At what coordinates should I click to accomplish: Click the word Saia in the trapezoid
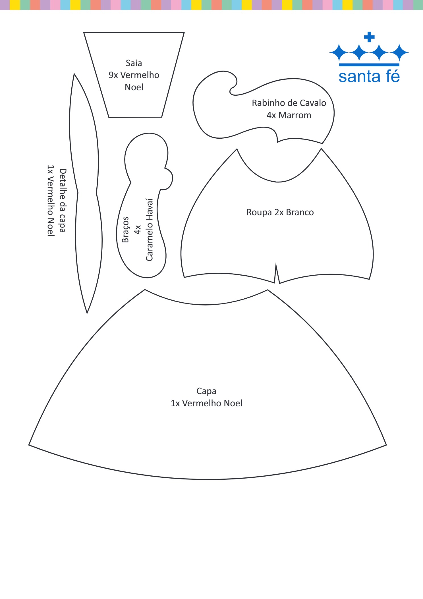pos(134,63)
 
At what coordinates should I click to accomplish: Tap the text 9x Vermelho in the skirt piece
pos(134,75)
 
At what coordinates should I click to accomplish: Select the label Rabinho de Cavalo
pos(289,103)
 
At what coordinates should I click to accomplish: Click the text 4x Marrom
pos(289,115)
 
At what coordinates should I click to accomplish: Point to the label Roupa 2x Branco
pos(280,212)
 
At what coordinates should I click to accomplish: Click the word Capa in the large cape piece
pos(206,391)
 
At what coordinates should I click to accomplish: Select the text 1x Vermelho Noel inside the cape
pos(206,403)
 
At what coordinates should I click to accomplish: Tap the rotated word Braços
pos(125,230)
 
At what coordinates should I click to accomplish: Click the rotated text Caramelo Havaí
pos(150,230)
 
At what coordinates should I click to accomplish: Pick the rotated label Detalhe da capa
pos(63,200)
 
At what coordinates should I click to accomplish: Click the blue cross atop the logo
pos(369,37)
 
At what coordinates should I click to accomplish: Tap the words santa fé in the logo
pos(369,77)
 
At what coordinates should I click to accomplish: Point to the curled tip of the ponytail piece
pos(233,88)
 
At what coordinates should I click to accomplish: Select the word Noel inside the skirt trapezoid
pos(134,87)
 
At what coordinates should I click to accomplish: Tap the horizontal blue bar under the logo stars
pos(369,65)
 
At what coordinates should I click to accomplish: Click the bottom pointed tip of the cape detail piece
pos(87,313)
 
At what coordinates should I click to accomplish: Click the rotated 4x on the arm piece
pos(138,230)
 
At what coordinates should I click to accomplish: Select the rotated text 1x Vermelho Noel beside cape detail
pos(51,200)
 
